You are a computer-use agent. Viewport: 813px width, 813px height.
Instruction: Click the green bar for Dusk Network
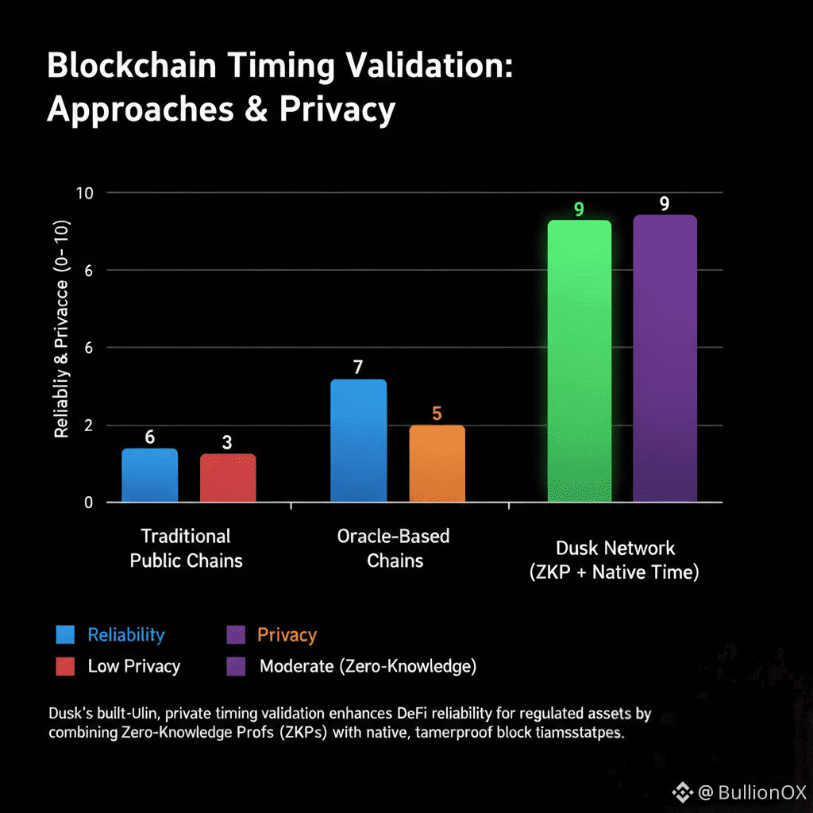(x=580, y=361)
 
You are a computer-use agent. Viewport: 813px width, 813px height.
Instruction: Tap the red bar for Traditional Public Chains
(x=228, y=478)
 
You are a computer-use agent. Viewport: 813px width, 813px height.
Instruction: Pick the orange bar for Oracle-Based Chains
(x=437, y=464)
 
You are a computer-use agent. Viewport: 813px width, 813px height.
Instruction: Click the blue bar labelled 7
(x=358, y=441)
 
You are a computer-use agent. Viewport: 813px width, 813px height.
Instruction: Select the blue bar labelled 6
(x=149, y=476)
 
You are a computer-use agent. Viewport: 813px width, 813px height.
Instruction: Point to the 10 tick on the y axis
(x=84, y=193)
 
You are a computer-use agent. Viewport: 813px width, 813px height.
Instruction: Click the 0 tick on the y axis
(x=89, y=503)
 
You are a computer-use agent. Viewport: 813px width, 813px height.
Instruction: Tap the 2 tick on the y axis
(x=89, y=426)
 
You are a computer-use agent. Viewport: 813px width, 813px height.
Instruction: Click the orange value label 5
(x=437, y=414)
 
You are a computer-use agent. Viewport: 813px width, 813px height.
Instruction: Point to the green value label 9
(x=579, y=210)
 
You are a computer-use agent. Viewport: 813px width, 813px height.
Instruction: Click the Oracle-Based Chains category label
(x=394, y=548)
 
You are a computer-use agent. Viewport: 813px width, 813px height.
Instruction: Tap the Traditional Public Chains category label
(x=186, y=548)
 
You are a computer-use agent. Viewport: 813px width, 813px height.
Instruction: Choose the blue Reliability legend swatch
(x=65, y=634)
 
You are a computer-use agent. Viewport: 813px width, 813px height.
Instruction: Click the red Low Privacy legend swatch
(x=65, y=666)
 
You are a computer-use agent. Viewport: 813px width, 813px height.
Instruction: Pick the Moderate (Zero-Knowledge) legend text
(x=368, y=666)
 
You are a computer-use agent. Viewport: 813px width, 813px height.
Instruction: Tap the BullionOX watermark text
(x=761, y=792)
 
